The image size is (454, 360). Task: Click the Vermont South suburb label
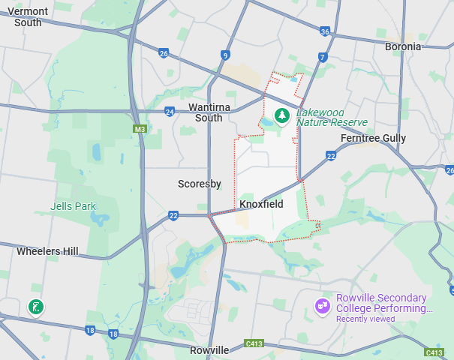click(x=28, y=16)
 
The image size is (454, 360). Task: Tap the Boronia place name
click(x=402, y=46)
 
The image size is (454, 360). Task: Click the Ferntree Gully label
click(x=373, y=138)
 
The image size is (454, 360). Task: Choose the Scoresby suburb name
click(x=198, y=183)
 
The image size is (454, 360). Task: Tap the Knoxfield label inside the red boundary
click(x=260, y=203)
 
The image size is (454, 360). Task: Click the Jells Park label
click(x=73, y=206)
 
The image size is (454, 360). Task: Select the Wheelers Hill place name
click(x=47, y=251)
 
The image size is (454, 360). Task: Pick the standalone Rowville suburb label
click(x=209, y=350)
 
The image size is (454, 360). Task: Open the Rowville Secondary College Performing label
click(x=384, y=303)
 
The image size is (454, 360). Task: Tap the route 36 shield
click(x=325, y=31)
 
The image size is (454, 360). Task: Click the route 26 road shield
click(x=164, y=52)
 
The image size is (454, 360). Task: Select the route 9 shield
click(x=225, y=55)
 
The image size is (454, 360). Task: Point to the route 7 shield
click(x=322, y=57)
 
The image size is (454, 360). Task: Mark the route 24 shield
click(x=170, y=112)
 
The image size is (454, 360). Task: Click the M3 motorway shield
click(x=140, y=129)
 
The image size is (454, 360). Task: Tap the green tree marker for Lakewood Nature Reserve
click(x=282, y=116)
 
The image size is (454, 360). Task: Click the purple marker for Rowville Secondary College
click(x=323, y=306)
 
